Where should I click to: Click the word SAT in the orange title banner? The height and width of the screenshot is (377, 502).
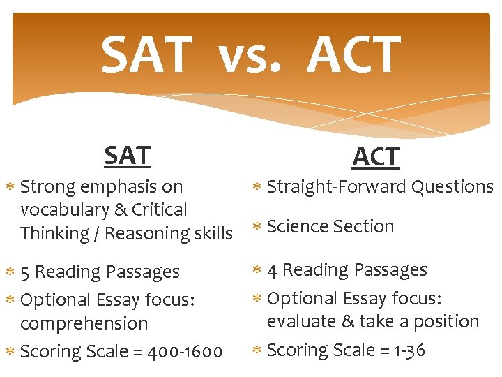[x=146, y=56]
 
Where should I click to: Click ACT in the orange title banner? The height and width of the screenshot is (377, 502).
[x=353, y=56]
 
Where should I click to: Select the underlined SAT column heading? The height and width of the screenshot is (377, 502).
[x=127, y=155]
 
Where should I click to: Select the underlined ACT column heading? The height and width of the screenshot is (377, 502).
[x=376, y=157]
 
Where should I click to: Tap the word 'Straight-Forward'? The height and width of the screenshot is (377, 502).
[x=337, y=186]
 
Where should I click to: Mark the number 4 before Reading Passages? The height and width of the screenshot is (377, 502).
[x=273, y=269]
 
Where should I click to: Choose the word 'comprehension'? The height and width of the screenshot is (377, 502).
[x=84, y=324]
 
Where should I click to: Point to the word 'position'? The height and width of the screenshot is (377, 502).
[x=450, y=322]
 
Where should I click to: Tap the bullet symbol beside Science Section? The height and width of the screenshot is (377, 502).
[x=257, y=227]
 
